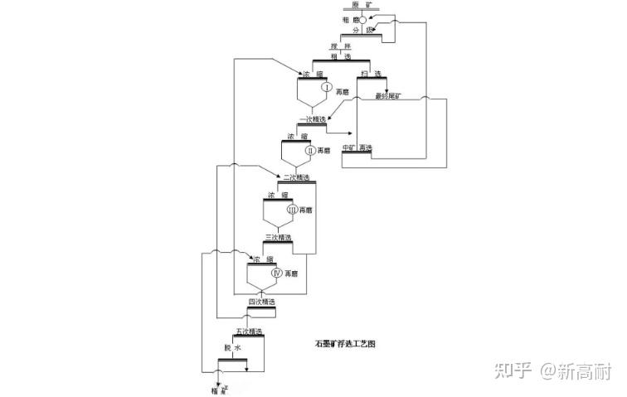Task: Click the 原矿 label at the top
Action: click(x=362, y=5)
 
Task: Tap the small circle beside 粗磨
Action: click(x=362, y=19)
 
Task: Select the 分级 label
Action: click(x=363, y=31)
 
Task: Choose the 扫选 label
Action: click(x=377, y=75)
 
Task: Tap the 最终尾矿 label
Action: click(x=387, y=96)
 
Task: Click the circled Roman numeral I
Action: click(x=328, y=88)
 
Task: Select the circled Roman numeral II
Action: click(x=310, y=150)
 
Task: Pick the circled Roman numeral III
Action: click(x=292, y=211)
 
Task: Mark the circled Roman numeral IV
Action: click(x=277, y=272)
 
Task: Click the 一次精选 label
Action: click(x=312, y=119)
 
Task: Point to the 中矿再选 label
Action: click(x=357, y=148)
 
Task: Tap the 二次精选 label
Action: click(x=295, y=177)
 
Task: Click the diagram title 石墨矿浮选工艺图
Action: click(x=345, y=342)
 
